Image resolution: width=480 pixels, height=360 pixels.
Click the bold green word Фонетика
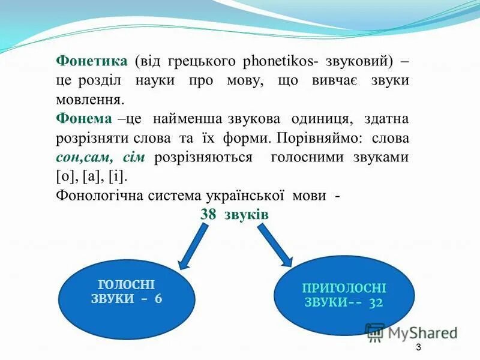[x=91, y=61]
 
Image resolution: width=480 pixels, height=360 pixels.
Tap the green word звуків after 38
[x=245, y=215]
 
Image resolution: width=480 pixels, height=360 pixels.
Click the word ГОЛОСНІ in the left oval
[x=126, y=286]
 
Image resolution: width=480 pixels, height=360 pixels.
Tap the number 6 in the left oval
[x=158, y=299]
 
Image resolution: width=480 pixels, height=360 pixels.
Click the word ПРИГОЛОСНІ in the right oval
[x=344, y=288]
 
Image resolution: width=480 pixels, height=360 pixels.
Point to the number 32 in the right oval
[x=376, y=302]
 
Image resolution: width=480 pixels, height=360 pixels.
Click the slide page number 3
[x=418, y=349]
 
